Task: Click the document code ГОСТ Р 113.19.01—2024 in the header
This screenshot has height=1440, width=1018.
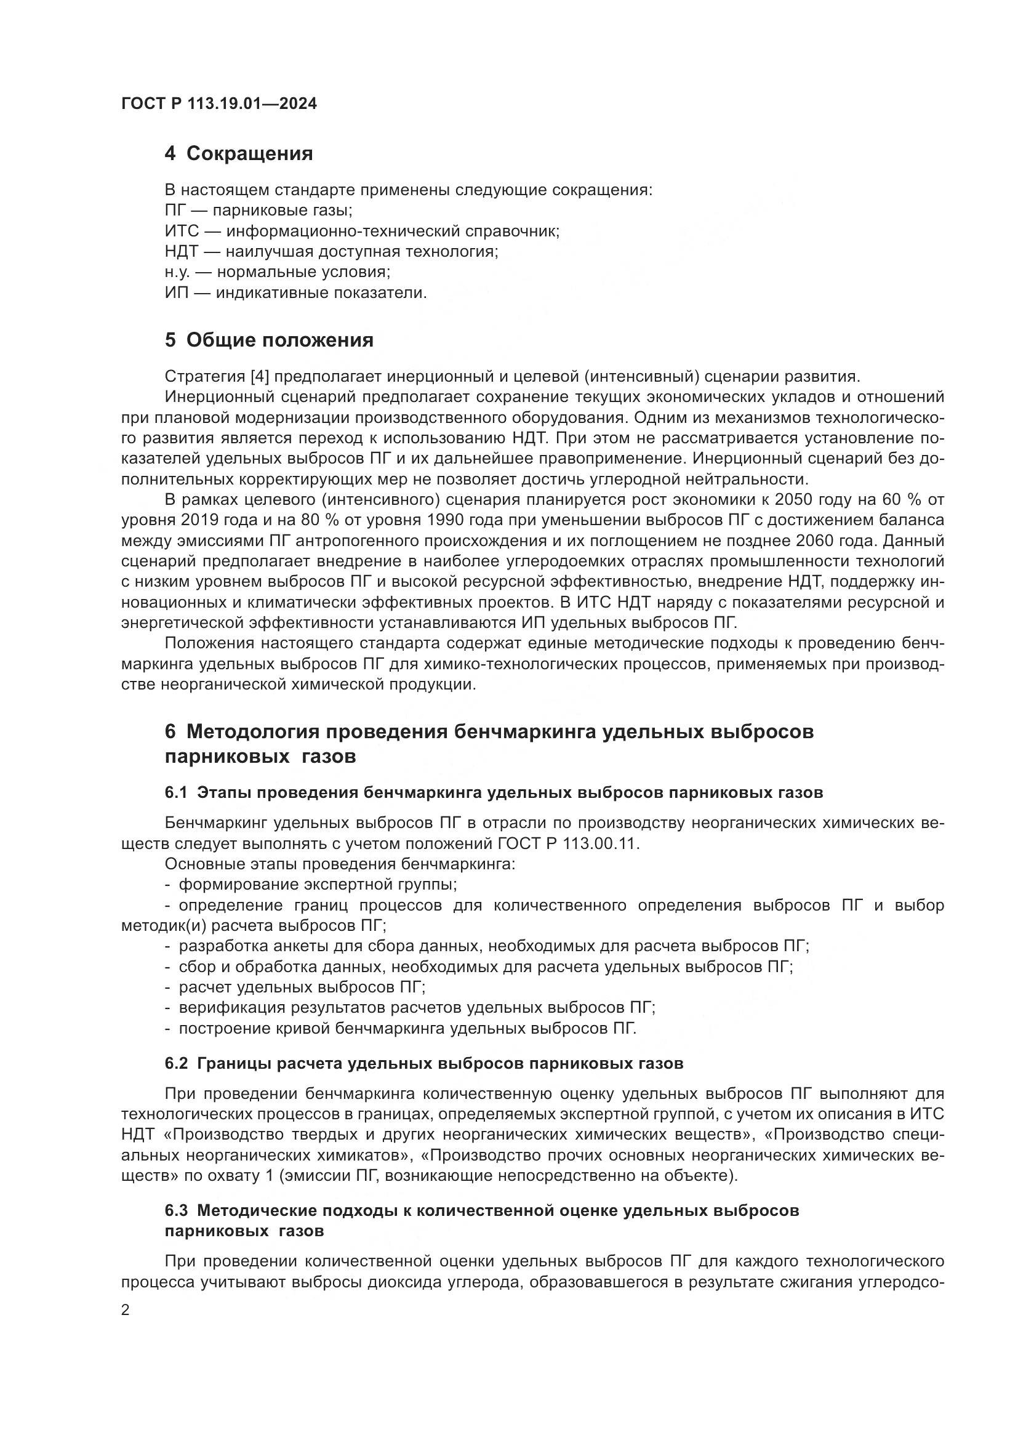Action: coord(218,103)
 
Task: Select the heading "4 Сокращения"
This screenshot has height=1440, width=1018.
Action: coord(239,154)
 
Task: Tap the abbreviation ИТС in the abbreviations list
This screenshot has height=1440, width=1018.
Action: coord(182,231)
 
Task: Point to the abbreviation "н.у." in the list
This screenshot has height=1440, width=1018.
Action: coord(177,272)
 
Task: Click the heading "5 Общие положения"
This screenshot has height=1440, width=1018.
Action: coord(269,340)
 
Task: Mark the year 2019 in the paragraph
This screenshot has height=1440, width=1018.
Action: coord(201,521)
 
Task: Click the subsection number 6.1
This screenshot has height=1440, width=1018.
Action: coord(176,793)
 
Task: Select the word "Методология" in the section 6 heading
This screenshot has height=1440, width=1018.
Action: coord(251,732)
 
